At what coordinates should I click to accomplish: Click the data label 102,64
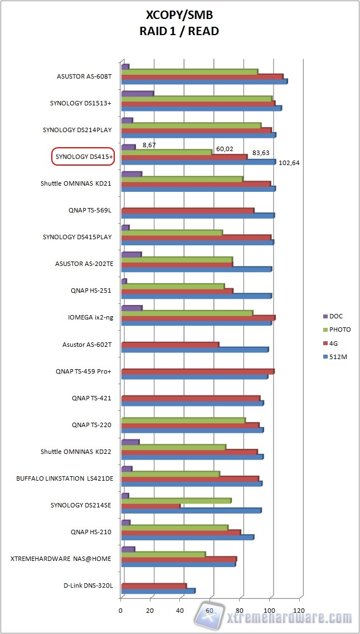point(288,163)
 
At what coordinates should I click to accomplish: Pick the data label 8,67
point(149,144)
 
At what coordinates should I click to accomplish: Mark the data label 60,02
point(225,149)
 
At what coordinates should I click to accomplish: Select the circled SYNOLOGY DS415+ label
point(82,157)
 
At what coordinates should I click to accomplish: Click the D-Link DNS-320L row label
point(87,585)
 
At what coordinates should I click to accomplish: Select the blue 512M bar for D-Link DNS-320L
point(158,591)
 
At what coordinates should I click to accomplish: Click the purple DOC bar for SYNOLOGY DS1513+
point(137,93)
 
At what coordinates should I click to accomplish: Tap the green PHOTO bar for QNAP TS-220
point(183,420)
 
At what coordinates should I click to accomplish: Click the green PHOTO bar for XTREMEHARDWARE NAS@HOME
point(163,554)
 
